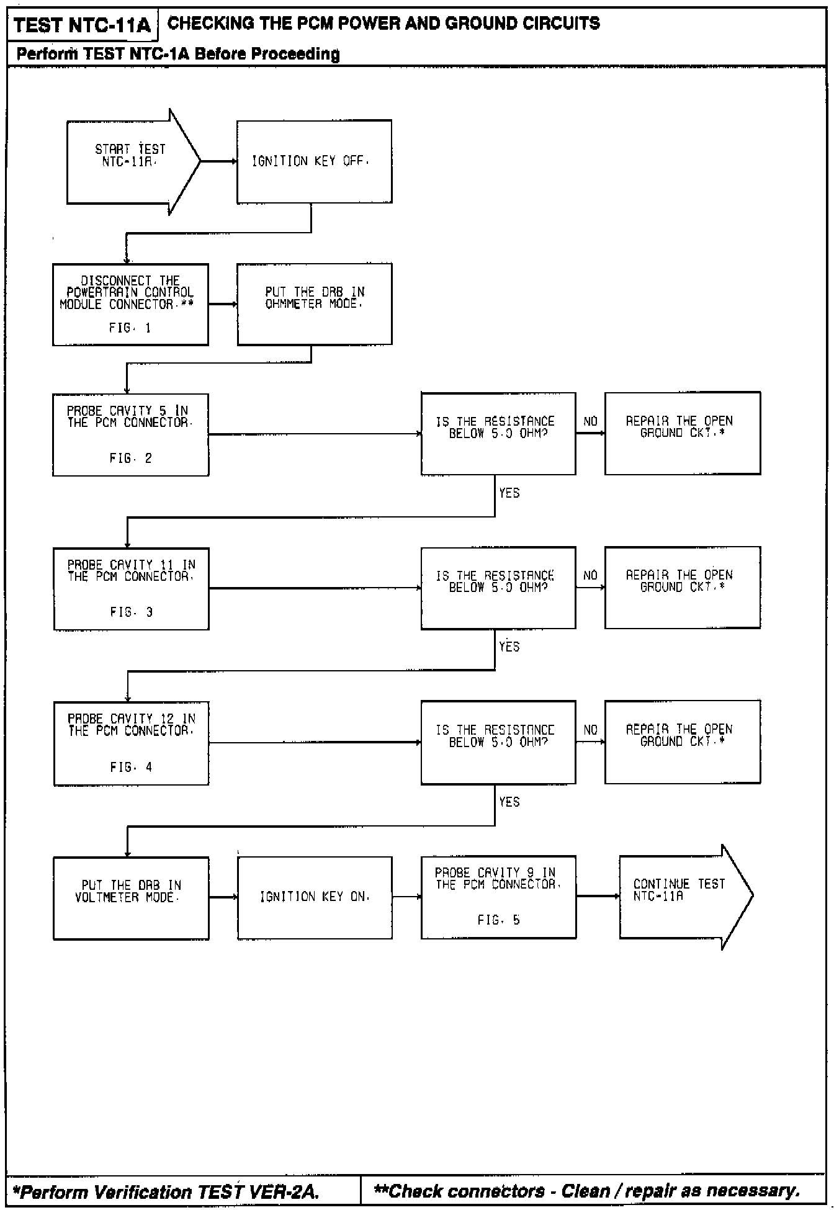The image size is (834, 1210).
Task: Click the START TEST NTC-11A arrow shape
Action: (x=130, y=161)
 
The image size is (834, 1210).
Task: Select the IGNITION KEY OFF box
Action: (x=314, y=161)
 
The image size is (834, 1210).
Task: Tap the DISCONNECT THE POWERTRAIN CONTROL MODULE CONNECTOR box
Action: (x=130, y=304)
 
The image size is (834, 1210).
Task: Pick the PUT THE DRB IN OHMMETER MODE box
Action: (x=314, y=304)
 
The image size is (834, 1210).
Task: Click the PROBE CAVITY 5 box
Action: (x=130, y=434)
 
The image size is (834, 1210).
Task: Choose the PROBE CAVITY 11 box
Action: (x=131, y=588)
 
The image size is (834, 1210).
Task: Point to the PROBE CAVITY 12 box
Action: (x=131, y=743)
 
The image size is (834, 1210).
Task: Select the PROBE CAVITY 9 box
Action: (x=498, y=897)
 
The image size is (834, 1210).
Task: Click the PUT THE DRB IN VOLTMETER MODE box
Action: (x=131, y=897)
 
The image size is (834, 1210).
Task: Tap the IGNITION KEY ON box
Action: (x=315, y=897)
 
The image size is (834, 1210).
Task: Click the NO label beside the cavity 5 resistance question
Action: (x=590, y=422)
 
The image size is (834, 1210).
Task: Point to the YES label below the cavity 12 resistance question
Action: (x=509, y=802)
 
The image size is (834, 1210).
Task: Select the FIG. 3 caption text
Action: (x=132, y=612)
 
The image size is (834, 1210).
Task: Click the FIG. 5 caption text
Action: (x=498, y=920)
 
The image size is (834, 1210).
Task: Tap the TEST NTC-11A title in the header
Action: (x=82, y=25)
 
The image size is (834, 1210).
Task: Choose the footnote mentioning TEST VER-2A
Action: (x=166, y=1192)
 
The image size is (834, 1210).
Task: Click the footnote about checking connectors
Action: (x=586, y=1191)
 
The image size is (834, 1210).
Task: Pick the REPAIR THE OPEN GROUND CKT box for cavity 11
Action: (x=682, y=587)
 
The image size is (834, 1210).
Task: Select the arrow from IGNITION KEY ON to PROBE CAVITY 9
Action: (x=406, y=897)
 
